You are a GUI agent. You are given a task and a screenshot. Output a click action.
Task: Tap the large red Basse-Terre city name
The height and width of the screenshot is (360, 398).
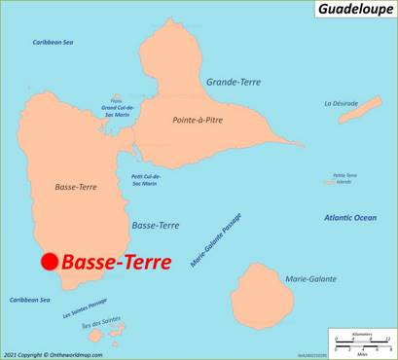click(x=116, y=262)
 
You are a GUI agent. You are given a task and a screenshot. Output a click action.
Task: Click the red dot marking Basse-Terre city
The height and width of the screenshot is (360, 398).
click(x=49, y=261)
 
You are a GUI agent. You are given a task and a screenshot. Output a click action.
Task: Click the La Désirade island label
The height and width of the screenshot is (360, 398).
click(x=344, y=103)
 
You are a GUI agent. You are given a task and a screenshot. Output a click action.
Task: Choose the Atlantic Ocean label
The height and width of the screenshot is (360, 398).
click(x=350, y=218)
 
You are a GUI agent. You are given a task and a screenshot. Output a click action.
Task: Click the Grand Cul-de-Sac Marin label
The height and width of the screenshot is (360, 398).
click(x=117, y=110)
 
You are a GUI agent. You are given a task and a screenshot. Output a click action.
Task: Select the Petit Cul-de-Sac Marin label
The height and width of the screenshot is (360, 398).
click(x=144, y=180)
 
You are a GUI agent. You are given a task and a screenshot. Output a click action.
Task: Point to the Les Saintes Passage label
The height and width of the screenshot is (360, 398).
click(x=85, y=308)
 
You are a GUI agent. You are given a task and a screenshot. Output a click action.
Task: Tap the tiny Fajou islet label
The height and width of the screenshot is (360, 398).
click(x=117, y=98)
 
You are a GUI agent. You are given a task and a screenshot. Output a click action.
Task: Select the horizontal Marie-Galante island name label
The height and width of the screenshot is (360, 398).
click(x=310, y=279)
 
